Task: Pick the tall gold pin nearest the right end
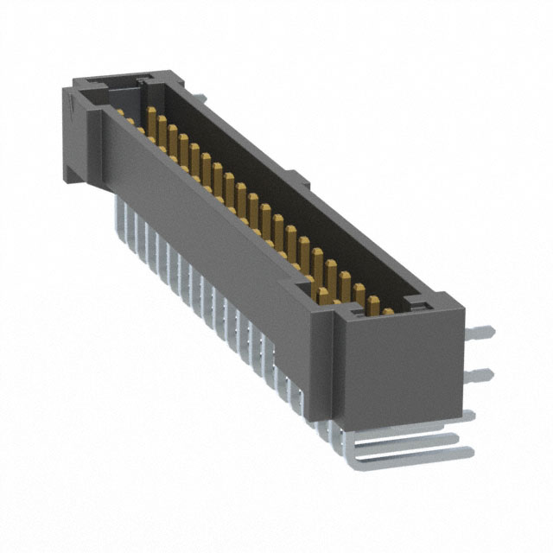(x=374, y=305)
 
